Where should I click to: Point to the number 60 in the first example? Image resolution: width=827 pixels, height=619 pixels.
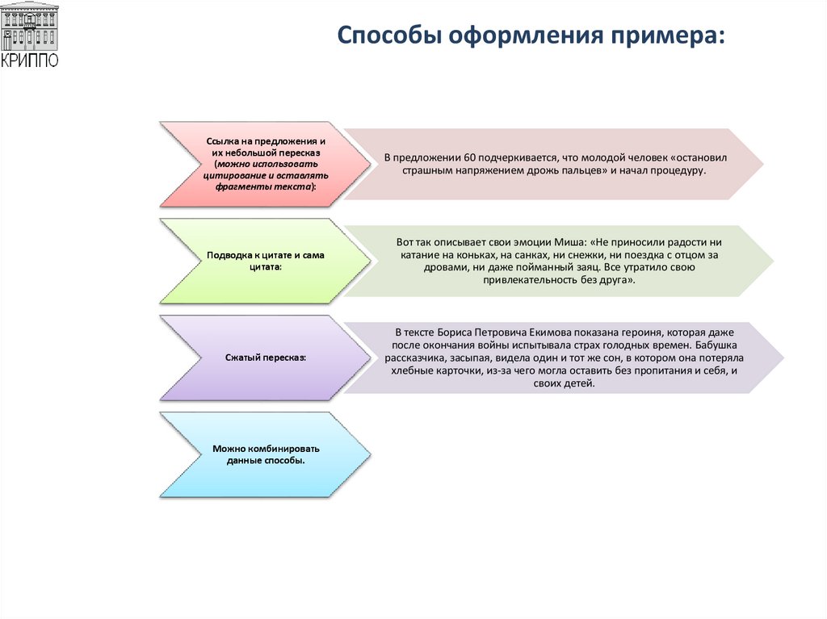(x=457, y=157)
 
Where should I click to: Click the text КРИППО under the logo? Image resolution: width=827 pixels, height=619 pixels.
(x=29, y=61)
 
